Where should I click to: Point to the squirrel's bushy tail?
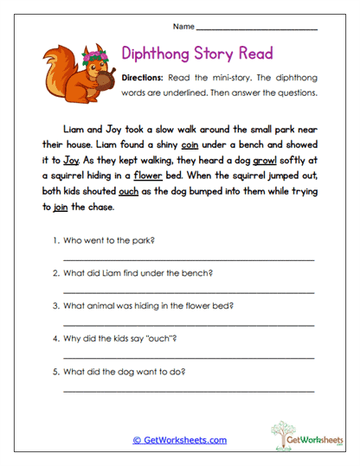pyautogui.click(x=54, y=69)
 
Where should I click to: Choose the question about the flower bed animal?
pyautogui.click(x=147, y=305)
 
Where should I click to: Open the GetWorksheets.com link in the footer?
pyautogui.click(x=179, y=440)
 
